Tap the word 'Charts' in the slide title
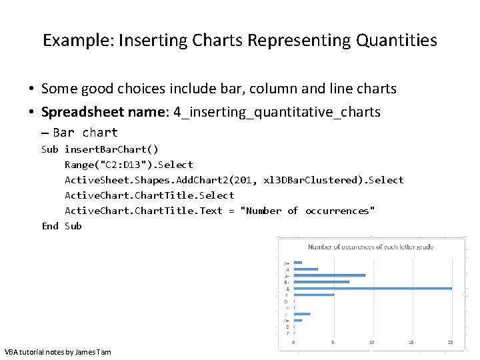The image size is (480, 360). click(x=217, y=41)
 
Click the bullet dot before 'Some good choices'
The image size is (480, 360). click(x=31, y=89)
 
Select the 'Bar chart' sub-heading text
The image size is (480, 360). click(x=85, y=133)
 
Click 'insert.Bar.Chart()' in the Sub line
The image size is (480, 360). click(x=111, y=149)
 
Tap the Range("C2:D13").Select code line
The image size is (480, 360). click(x=129, y=165)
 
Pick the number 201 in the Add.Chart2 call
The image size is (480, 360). click(x=238, y=180)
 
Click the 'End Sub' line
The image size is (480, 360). click(x=61, y=226)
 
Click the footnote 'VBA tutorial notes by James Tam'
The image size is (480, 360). click(x=58, y=351)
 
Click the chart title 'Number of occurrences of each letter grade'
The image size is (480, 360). click(x=371, y=247)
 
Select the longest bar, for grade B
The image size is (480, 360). click(x=373, y=288)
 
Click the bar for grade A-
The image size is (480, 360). click(x=329, y=275)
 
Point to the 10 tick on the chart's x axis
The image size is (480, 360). click(x=372, y=343)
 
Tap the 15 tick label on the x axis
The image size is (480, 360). click(x=411, y=343)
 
